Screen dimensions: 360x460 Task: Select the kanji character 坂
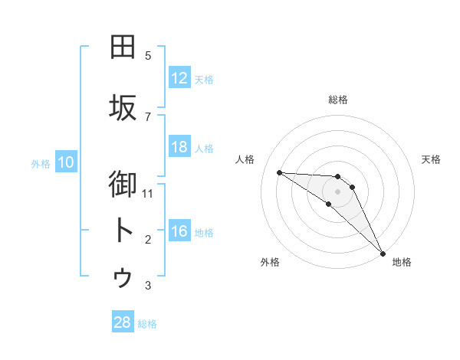(123, 108)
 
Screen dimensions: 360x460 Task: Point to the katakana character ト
(123, 231)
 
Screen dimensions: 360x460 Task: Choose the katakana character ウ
(123, 277)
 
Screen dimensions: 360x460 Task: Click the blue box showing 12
(179, 78)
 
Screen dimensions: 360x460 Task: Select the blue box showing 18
(179, 147)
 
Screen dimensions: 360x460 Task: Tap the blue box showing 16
(179, 231)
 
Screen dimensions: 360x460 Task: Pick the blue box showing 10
(66, 162)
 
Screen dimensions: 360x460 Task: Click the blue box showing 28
(123, 322)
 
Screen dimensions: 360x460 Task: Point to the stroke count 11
(148, 194)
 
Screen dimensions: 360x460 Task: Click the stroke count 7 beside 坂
(148, 117)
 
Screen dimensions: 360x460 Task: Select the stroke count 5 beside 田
(148, 56)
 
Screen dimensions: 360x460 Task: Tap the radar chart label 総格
(337, 100)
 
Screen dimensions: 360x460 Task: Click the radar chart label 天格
(432, 159)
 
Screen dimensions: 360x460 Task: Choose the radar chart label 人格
(245, 159)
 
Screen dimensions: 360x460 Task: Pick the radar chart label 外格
(269, 262)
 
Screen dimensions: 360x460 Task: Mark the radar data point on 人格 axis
(279, 172)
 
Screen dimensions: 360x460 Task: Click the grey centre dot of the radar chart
(337, 191)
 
